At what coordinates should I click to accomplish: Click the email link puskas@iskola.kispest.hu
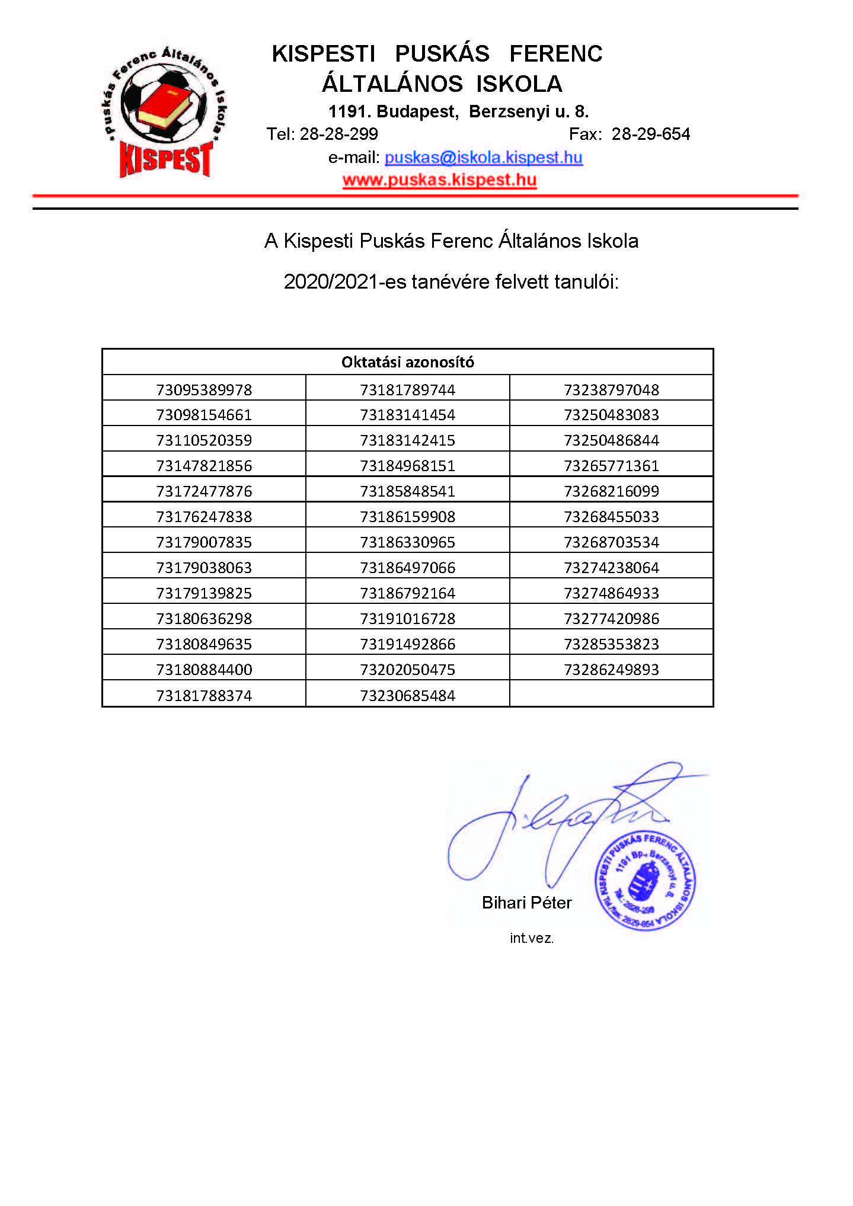[x=483, y=158]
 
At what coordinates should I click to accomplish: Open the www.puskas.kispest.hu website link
[x=439, y=180]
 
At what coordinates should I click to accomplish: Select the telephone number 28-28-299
[x=338, y=135]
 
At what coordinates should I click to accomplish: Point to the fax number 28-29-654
[x=650, y=135]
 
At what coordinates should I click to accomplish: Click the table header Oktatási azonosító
[x=407, y=362]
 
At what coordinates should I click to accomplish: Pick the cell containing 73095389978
[x=204, y=390]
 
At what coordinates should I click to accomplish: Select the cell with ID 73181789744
[x=407, y=390]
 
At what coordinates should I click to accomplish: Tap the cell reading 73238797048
[x=611, y=390]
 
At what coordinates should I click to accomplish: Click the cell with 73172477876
[x=204, y=491]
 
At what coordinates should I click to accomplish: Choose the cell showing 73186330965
[x=407, y=542]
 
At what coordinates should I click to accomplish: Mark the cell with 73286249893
[x=611, y=670]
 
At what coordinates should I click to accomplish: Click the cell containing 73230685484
[x=407, y=696]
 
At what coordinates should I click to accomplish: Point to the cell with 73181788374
[x=204, y=696]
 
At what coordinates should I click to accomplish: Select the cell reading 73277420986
[x=611, y=619]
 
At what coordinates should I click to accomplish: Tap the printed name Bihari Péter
[x=526, y=903]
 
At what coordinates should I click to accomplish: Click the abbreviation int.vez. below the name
[x=531, y=938]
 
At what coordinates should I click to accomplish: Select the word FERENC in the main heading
[x=555, y=54]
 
